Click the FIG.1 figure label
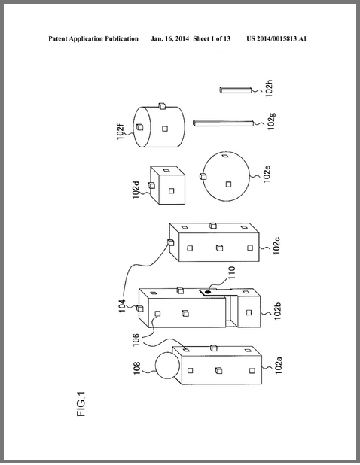point(81,403)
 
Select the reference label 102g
point(271,121)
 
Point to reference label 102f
point(121,132)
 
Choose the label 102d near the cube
point(136,190)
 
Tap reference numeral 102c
point(276,246)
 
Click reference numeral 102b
point(277,312)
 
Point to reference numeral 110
point(231,272)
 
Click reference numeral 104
point(122,306)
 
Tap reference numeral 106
point(136,340)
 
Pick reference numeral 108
point(136,369)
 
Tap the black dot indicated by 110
point(208,292)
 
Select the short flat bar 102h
point(236,90)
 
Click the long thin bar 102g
point(223,123)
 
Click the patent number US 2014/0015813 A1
point(276,38)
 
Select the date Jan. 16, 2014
point(169,38)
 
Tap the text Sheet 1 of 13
point(212,38)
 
